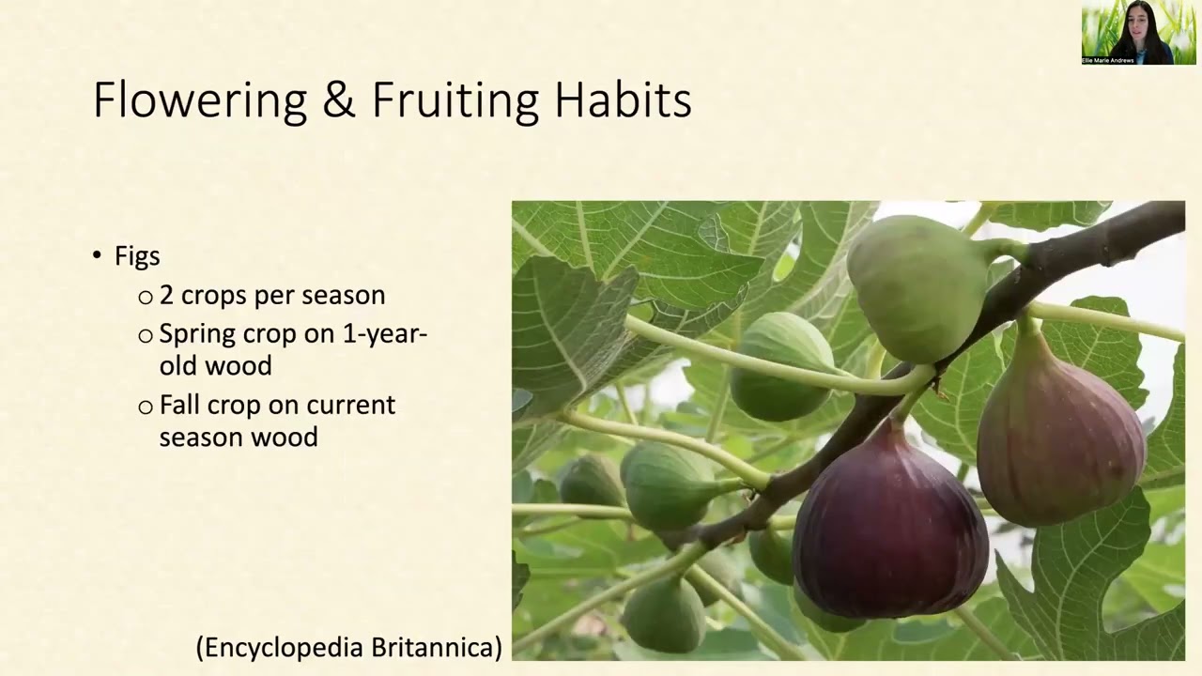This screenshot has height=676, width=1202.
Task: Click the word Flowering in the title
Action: tap(199, 100)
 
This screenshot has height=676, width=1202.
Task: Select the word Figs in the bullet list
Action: tap(137, 256)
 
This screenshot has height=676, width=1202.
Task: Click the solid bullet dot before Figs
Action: tap(97, 255)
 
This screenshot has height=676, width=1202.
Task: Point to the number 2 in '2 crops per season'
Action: tap(166, 295)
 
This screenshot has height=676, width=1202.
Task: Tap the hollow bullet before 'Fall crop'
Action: tap(146, 407)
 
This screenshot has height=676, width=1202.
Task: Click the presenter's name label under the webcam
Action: tap(1109, 60)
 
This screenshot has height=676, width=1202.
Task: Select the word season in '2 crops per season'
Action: tap(347, 295)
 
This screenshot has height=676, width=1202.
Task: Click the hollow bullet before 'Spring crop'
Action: tap(146, 335)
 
